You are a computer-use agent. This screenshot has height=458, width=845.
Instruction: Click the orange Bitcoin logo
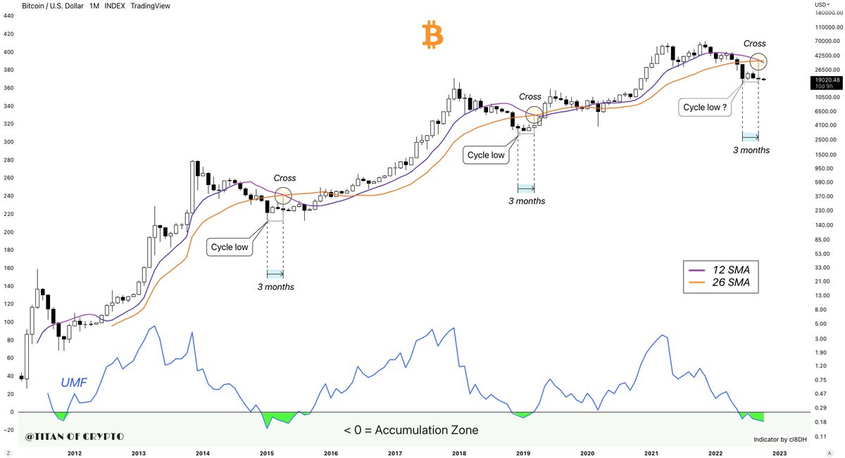pyautogui.click(x=432, y=35)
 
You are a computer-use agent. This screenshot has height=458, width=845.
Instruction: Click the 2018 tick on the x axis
pyautogui.click(x=458, y=454)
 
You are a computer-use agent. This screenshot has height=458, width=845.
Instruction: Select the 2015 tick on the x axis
pyautogui.click(x=267, y=454)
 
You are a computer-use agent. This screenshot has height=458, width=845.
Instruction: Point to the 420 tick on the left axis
pyautogui.click(x=10, y=33)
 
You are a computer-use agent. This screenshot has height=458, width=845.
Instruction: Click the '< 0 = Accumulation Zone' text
pyautogui.click(x=411, y=429)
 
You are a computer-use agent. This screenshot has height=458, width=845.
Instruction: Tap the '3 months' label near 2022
pyautogui.click(x=751, y=150)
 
